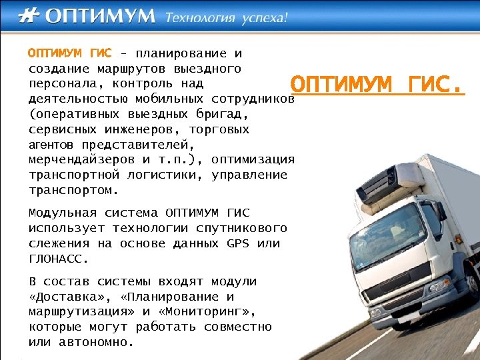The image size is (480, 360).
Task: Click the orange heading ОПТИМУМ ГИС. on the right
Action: pyautogui.click(x=377, y=85)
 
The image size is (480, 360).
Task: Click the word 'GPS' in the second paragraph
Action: pyautogui.click(x=237, y=243)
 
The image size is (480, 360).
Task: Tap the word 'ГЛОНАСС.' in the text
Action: pyautogui.click(x=59, y=259)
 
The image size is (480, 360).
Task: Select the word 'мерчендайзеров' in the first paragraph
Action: pyautogui.click(x=81, y=160)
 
